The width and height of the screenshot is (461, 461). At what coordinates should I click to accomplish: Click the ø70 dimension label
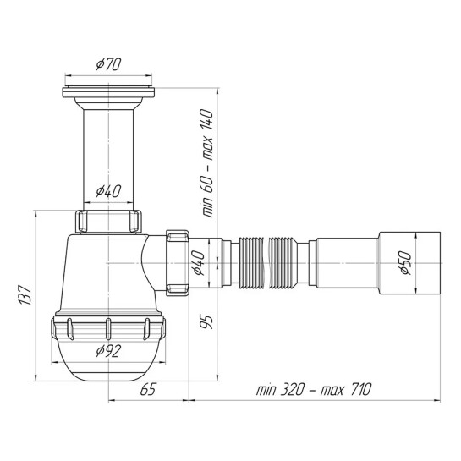point(108,64)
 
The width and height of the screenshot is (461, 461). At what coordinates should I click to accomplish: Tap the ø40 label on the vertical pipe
point(108,191)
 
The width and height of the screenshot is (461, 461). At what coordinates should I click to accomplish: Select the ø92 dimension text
point(108,351)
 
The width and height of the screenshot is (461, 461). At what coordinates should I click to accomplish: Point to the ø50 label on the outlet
point(406,263)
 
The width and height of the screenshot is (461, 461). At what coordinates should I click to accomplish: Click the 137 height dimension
point(25,294)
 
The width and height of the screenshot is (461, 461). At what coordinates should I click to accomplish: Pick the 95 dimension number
point(206,321)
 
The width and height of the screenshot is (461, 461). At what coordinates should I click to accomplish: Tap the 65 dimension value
point(148,390)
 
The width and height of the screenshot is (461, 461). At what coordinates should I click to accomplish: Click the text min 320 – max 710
point(314,390)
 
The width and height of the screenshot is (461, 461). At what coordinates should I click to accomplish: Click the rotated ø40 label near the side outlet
point(199,262)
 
